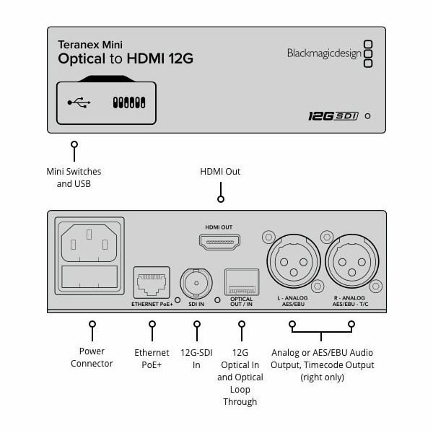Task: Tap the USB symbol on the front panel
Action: pyautogui.click(x=79, y=102)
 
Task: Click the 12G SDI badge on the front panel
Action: pyautogui.click(x=333, y=115)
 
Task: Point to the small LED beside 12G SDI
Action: pyautogui.click(x=369, y=115)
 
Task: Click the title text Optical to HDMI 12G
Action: pyautogui.click(x=126, y=58)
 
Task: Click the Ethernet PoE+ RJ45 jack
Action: pyautogui.click(x=151, y=282)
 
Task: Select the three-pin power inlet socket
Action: pyautogui.click(x=90, y=240)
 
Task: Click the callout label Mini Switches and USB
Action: pyautogui.click(x=74, y=178)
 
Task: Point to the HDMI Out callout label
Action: pyautogui.click(x=220, y=172)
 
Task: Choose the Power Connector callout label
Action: pyautogui.click(x=92, y=357)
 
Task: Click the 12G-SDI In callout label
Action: pyautogui.click(x=196, y=359)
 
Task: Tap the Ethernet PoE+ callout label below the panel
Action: pyautogui.click(x=152, y=359)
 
